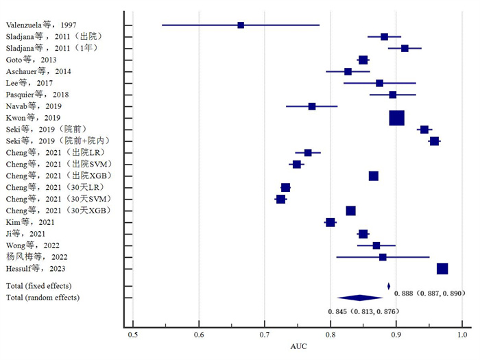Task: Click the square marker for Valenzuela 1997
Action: (x=241, y=25)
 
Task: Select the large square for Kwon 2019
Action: (x=397, y=118)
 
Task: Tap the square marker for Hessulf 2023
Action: (x=442, y=269)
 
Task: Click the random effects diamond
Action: (x=360, y=298)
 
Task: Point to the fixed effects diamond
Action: (x=389, y=286)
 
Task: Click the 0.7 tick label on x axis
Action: (x=265, y=335)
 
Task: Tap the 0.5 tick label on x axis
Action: (x=133, y=335)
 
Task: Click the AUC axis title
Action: (x=298, y=347)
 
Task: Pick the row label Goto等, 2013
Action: (x=32, y=60)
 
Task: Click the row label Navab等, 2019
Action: (x=34, y=106)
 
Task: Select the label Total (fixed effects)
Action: (x=38, y=285)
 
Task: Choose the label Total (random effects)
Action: (x=43, y=298)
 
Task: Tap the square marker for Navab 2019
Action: (x=312, y=106)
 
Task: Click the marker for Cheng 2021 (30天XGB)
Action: (x=351, y=211)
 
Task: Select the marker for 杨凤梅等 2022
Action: (x=383, y=257)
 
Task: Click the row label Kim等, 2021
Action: (x=29, y=222)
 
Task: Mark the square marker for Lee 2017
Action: (x=380, y=83)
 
